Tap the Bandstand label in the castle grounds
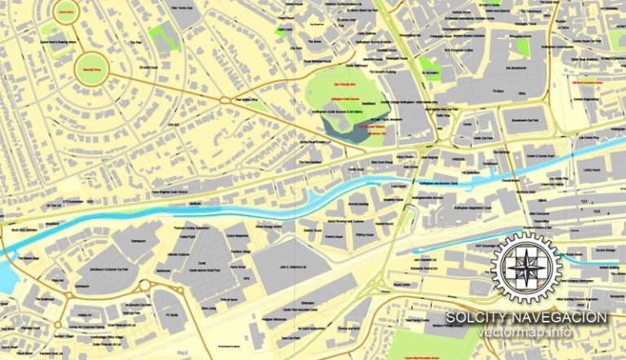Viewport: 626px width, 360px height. (368, 103)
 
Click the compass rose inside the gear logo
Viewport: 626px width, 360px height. (530, 265)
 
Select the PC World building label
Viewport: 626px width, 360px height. (171, 313)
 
